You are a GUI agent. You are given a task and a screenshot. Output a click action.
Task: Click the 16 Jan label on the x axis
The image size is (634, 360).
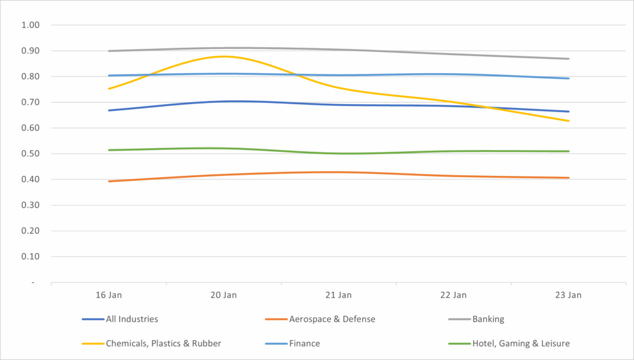(x=109, y=296)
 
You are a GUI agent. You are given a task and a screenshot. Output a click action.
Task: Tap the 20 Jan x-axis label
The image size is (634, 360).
(x=224, y=296)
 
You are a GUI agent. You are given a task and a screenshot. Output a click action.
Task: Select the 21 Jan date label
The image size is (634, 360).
(x=339, y=296)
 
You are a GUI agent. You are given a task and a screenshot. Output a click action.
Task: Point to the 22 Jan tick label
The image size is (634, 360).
(x=454, y=296)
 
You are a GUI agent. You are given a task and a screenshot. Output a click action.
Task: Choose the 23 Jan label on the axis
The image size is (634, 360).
(x=569, y=296)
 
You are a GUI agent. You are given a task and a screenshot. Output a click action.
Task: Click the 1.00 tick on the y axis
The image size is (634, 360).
(x=30, y=25)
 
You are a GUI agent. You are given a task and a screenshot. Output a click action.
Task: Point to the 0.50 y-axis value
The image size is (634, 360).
(x=30, y=154)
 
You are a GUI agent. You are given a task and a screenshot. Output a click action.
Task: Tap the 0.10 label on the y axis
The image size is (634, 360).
(x=30, y=257)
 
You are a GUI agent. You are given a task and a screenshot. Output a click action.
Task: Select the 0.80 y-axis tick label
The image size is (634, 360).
(x=30, y=77)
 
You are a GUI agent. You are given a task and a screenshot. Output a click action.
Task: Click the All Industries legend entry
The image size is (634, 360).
(x=132, y=319)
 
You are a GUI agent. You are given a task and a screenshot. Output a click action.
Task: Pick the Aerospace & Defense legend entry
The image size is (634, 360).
(x=332, y=319)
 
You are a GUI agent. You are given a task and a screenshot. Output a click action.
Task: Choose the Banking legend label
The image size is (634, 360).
(x=488, y=319)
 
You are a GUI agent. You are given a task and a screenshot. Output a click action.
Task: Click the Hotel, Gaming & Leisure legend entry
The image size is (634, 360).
(x=521, y=343)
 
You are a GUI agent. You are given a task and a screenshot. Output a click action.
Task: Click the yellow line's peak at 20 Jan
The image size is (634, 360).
(x=224, y=56)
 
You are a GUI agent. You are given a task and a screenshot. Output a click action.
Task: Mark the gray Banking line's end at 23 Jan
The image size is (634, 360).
(x=569, y=59)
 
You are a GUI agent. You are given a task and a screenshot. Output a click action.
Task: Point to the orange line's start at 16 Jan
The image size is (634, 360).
(x=109, y=182)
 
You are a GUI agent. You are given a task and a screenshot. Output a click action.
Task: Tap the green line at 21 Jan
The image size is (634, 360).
(x=339, y=154)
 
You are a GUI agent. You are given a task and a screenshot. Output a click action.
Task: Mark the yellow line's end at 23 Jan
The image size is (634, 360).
(x=569, y=121)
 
